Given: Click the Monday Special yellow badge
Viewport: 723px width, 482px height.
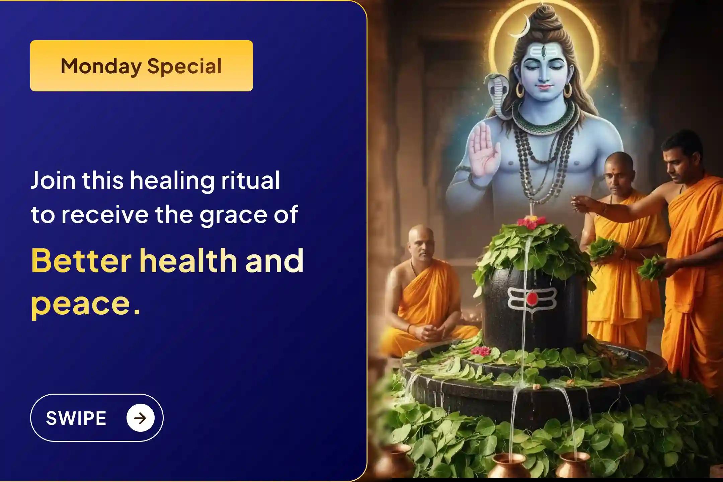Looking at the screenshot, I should pos(141,66).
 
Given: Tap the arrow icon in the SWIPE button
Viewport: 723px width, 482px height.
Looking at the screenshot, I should pos(140,418).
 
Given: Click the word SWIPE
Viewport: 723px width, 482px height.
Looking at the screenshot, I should pos(76,418).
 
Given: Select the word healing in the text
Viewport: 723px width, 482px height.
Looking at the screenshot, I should pos(172,181).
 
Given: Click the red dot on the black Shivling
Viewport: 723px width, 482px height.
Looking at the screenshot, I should pos(532,298).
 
